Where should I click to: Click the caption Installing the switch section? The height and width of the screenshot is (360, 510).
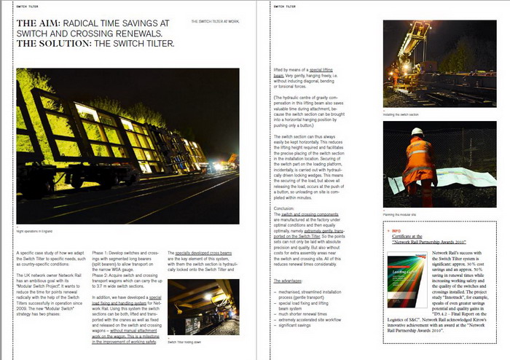click(x=401, y=114)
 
